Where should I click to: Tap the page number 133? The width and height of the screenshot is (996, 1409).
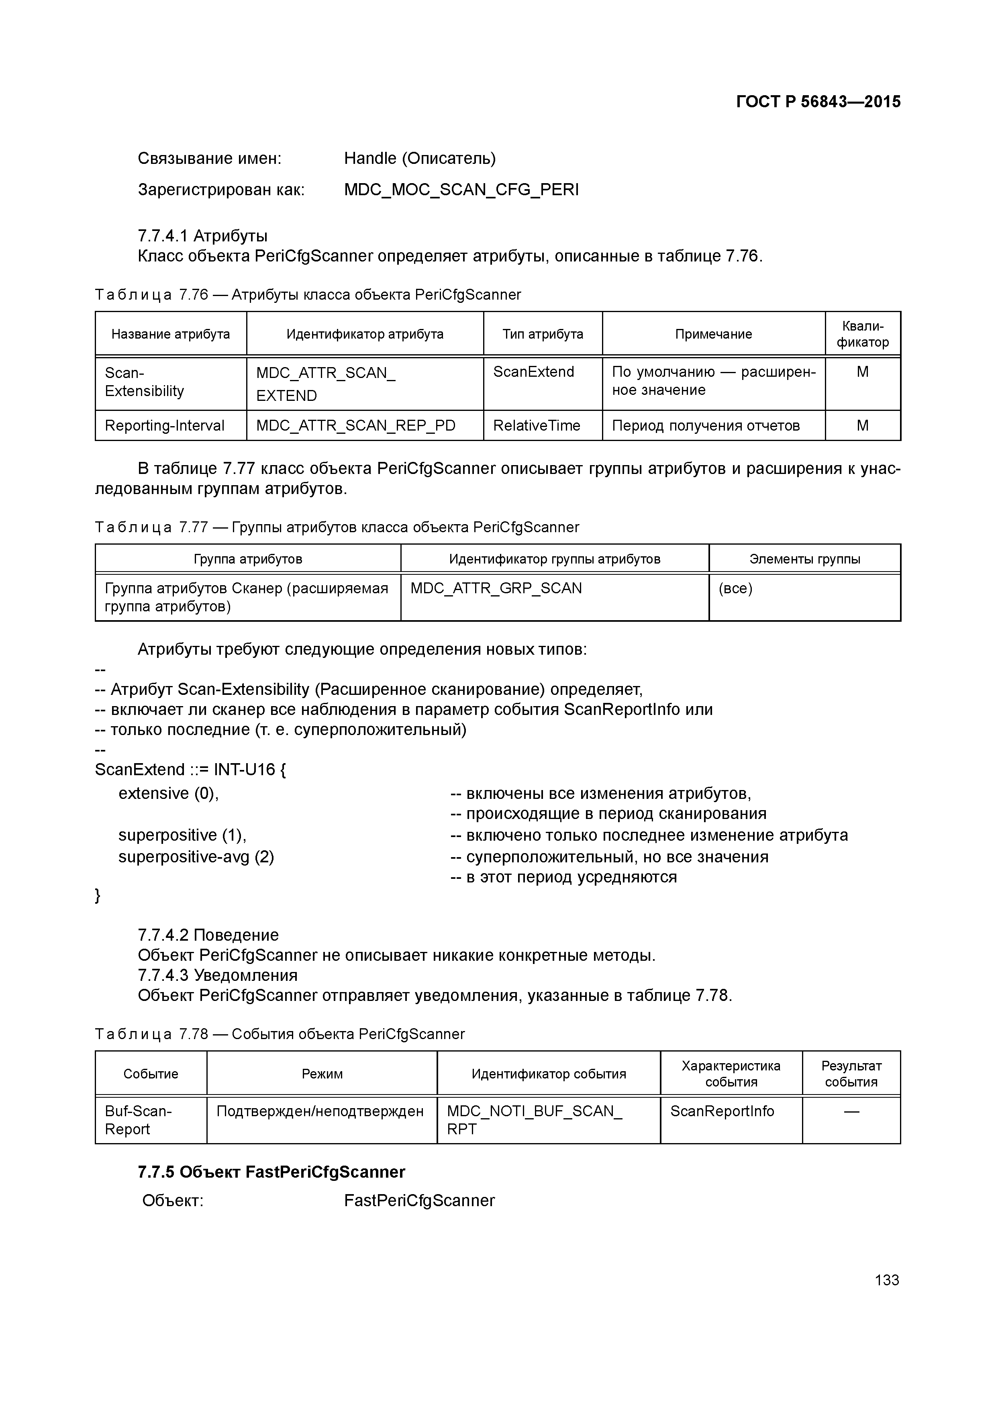[887, 1280]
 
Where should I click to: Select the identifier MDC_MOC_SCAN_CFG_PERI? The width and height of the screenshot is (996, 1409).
[461, 190]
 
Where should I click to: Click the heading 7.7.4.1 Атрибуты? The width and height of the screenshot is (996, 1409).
[202, 236]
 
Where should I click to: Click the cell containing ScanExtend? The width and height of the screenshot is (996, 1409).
[533, 372]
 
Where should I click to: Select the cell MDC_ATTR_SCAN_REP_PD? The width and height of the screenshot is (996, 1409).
[355, 426]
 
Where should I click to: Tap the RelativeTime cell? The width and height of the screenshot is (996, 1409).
[537, 426]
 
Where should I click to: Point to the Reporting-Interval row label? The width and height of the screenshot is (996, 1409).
[165, 426]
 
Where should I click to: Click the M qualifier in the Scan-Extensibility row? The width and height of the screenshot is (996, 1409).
[862, 372]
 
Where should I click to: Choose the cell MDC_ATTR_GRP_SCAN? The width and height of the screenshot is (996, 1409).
[496, 588]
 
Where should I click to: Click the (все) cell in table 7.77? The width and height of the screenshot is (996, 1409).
[735, 588]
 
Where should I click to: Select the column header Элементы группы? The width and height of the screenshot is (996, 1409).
[804, 559]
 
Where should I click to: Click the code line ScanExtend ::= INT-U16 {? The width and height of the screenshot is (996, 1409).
[190, 770]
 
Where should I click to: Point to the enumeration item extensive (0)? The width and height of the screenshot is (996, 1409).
[169, 794]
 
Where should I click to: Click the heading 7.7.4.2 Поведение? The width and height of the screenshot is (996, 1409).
[208, 935]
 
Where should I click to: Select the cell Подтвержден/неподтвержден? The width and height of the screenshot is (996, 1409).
[320, 1111]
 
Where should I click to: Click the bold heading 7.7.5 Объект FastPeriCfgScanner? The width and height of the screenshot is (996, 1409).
[271, 1172]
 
